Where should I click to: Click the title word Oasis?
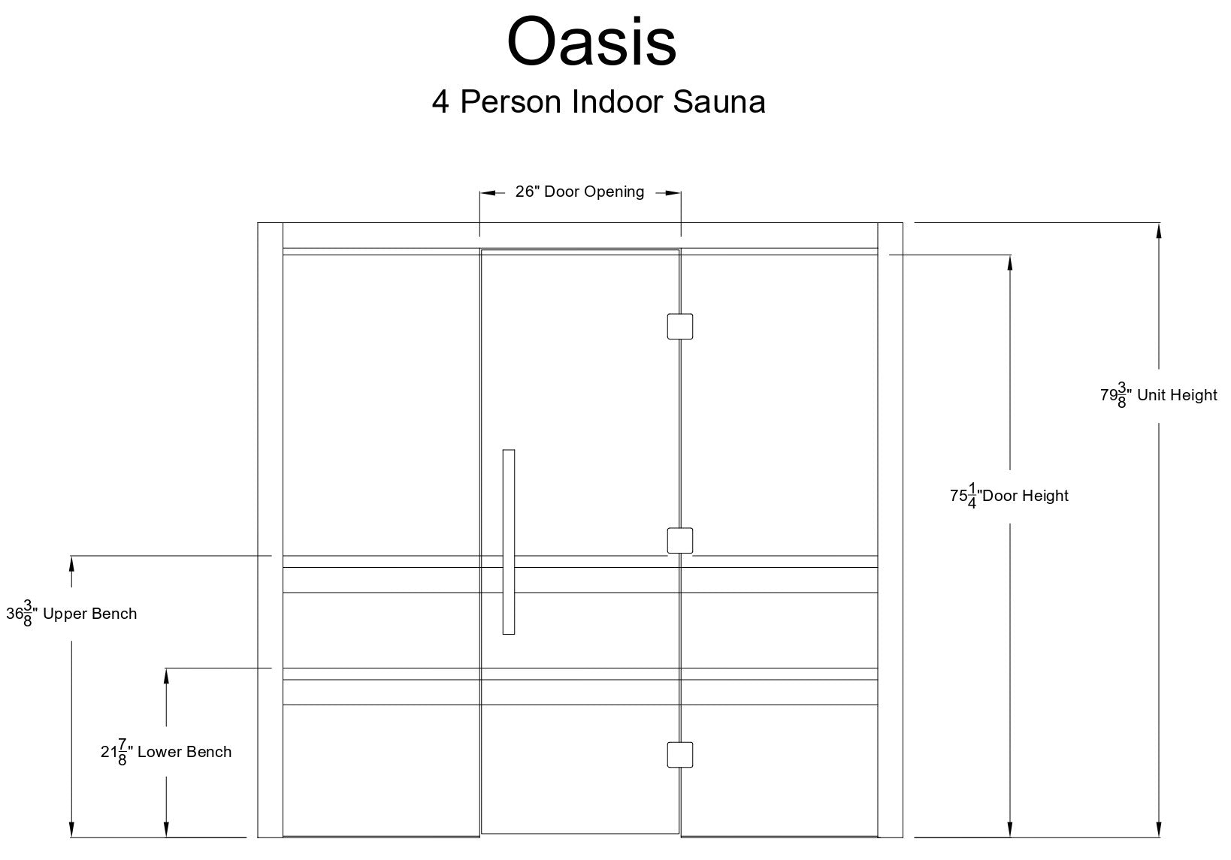coord(591,42)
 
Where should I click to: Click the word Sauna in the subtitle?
coord(718,101)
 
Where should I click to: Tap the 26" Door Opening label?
coord(579,192)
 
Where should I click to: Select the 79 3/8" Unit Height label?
coord(1158,395)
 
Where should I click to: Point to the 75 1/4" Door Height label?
coord(1009,496)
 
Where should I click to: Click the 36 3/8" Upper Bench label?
coord(71,614)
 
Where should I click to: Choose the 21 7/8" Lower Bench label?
coord(166,752)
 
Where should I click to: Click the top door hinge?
coord(680,326)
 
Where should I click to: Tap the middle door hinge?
coord(680,540)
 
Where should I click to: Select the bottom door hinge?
coord(680,755)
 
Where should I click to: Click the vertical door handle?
coord(508,542)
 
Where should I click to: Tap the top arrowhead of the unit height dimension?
coord(1159,231)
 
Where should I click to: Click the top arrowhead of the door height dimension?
coord(1009,263)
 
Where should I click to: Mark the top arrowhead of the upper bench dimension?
coord(71,564)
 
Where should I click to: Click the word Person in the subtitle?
coord(510,101)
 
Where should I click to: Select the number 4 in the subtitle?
coord(440,101)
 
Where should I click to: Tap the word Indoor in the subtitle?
coord(617,101)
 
